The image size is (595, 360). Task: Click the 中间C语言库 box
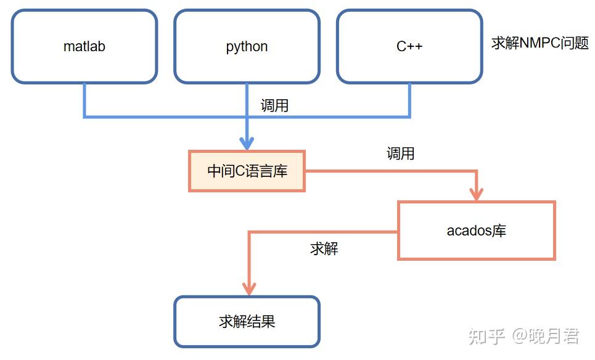pos(247,171)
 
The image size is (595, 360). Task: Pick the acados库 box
pos(476,231)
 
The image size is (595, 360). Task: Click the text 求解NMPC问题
pos(540,43)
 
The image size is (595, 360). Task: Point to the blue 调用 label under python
pos(274,105)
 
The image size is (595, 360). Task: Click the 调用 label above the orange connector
pos(400,153)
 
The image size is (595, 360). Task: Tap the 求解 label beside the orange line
pos(324,249)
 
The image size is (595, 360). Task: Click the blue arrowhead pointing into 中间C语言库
pos(247,142)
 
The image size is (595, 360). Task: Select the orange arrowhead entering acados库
pos(476,193)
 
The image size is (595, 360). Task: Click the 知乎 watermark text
pos(486,336)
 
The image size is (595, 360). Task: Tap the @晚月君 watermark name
pos(546,336)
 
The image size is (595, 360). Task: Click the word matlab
pos(84,47)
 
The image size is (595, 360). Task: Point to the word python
pos(247,47)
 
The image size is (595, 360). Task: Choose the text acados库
pos(476,231)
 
